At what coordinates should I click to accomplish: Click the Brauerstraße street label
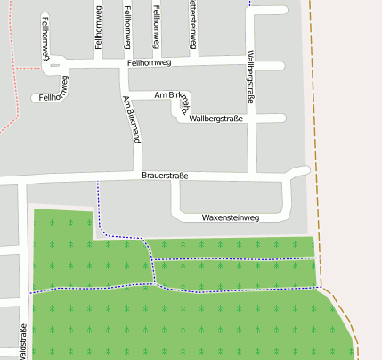click(x=165, y=176)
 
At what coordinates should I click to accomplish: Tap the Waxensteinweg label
click(x=230, y=217)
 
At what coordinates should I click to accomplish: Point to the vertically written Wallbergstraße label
click(x=250, y=78)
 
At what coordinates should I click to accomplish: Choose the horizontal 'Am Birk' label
click(x=168, y=94)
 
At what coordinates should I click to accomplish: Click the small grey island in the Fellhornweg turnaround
click(x=55, y=65)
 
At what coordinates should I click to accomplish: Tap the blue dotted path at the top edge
click(x=249, y=3)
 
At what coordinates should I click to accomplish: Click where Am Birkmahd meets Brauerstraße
click(x=137, y=176)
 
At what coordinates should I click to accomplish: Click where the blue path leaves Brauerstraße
click(x=98, y=182)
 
